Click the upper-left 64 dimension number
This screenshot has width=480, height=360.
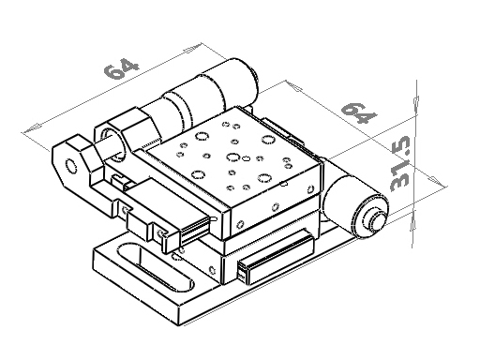pos(121,67)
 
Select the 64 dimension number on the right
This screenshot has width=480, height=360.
pos(359,112)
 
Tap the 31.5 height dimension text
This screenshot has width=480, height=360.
pos(400,163)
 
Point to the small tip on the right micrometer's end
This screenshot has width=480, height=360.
pos(378,220)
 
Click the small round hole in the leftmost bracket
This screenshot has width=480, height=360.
pos(71,166)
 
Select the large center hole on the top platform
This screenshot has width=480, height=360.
pos(232,157)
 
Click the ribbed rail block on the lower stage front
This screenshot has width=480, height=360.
pos(276,256)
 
